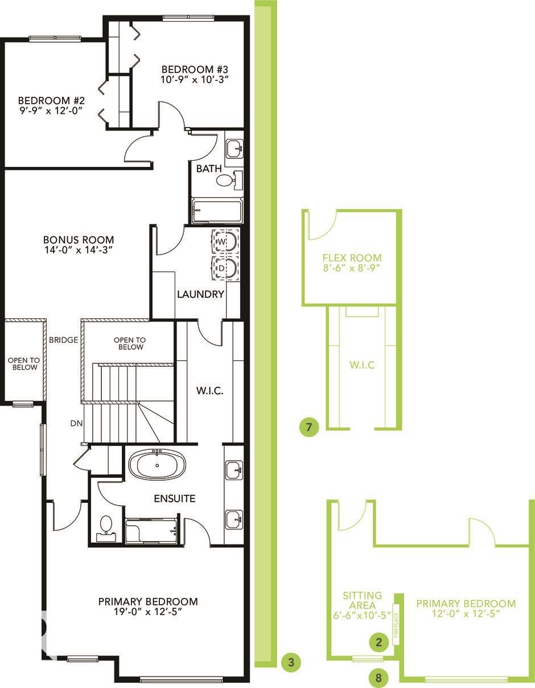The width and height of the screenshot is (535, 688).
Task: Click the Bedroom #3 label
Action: [x=195, y=69]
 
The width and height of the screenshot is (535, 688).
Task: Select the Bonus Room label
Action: [x=79, y=240]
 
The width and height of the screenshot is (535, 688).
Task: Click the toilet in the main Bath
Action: [x=226, y=181]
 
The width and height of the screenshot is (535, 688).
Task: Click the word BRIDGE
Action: [x=63, y=340]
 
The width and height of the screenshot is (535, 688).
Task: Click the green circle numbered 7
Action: [x=309, y=427]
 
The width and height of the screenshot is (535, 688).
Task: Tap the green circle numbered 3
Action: [x=291, y=662]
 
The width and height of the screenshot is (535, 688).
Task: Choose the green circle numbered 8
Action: [x=378, y=678]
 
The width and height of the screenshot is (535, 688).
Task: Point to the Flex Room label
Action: [x=351, y=257]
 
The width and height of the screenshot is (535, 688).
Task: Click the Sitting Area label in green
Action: [x=362, y=600]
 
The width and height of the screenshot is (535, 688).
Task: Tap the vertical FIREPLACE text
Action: [x=397, y=624]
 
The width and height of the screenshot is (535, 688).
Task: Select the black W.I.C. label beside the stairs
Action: [x=209, y=391]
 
